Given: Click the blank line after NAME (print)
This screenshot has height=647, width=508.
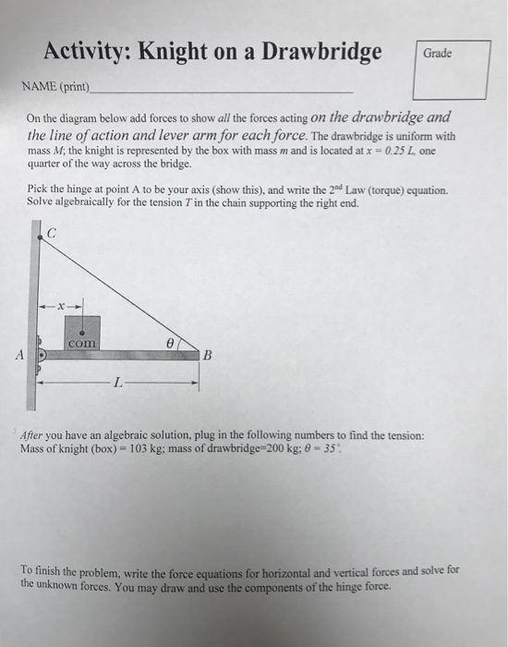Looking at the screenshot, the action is (x=222, y=90).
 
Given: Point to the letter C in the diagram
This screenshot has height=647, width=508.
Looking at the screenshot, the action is (x=52, y=235).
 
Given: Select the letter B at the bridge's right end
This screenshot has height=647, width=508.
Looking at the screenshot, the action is (x=208, y=354).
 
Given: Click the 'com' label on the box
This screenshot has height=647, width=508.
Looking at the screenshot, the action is (x=81, y=342).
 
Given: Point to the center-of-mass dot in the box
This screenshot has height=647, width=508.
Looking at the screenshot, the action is (x=82, y=328).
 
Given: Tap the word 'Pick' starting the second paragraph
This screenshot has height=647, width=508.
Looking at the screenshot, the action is (x=38, y=190).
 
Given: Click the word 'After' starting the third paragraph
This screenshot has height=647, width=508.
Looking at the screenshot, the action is (x=35, y=434).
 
